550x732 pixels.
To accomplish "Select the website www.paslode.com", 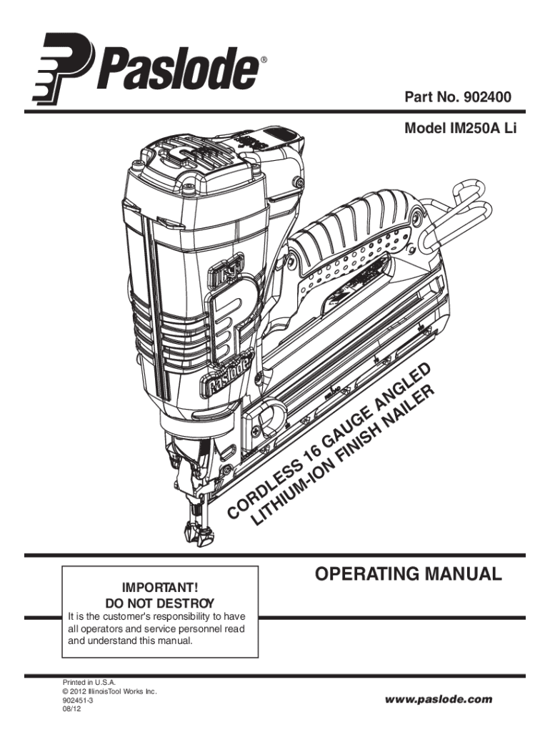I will (x=439, y=698).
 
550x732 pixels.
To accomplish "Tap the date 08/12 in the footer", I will (x=71, y=711).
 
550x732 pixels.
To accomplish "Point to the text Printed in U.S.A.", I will (x=86, y=683).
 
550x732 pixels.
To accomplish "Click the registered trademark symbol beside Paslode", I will (x=264, y=59).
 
